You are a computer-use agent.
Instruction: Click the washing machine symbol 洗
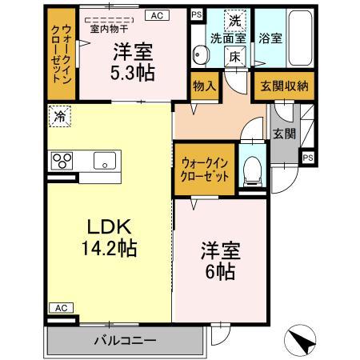234,19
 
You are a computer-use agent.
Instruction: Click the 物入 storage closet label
204,86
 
